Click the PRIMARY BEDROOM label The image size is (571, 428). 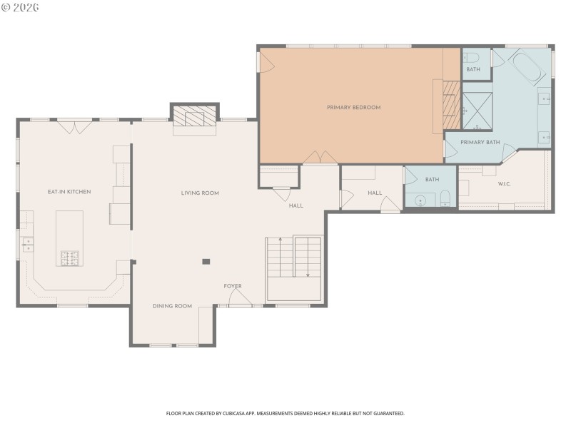click(x=353, y=108)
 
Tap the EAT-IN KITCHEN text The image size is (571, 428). click(x=69, y=191)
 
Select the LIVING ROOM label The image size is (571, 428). click(x=200, y=193)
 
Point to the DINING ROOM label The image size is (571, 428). click(x=172, y=306)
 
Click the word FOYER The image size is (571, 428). click(x=233, y=286)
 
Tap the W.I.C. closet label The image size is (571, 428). click(x=503, y=184)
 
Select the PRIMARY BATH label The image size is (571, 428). click(x=480, y=142)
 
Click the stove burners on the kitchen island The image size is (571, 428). click(x=70, y=258)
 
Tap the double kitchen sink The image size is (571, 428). click(x=27, y=245)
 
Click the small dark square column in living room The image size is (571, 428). click(x=206, y=262)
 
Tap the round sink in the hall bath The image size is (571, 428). click(x=420, y=201)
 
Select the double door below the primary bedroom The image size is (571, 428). click(x=320, y=158)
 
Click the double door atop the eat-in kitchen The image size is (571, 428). click(x=74, y=127)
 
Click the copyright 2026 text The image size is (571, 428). click(x=20, y=7)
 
